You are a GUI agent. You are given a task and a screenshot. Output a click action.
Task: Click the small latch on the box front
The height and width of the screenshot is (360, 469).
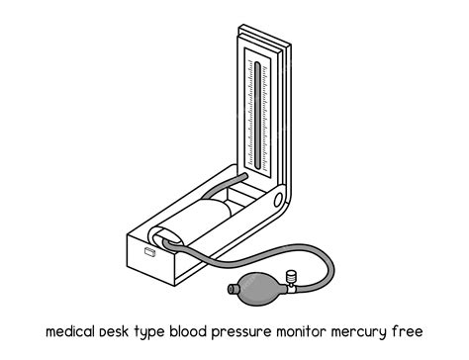click(x=150, y=253)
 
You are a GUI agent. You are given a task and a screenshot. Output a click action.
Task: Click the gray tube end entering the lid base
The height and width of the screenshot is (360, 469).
click(x=239, y=176)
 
